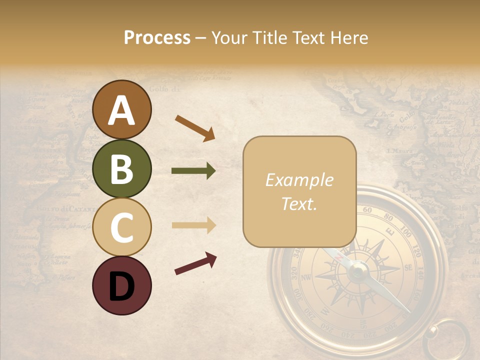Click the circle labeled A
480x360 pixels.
pyautogui.click(x=121, y=109)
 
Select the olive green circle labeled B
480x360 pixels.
pyautogui.click(x=121, y=168)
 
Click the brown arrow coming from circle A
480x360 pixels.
pyautogui.click(x=194, y=127)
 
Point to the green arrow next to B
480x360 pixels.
pyautogui.click(x=193, y=171)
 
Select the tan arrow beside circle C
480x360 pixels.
pyautogui.click(x=193, y=225)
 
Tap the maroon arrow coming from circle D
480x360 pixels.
pyautogui.click(x=195, y=263)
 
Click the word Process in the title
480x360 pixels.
pyautogui.click(x=157, y=37)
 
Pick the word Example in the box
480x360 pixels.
pyautogui.click(x=299, y=180)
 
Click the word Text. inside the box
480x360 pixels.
pyautogui.click(x=299, y=203)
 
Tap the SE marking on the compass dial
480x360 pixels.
pyautogui.click(x=408, y=268)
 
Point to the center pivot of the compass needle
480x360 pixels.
pyautogui.click(x=357, y=271)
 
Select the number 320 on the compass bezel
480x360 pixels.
pyautogui.click(x=294, y=272)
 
